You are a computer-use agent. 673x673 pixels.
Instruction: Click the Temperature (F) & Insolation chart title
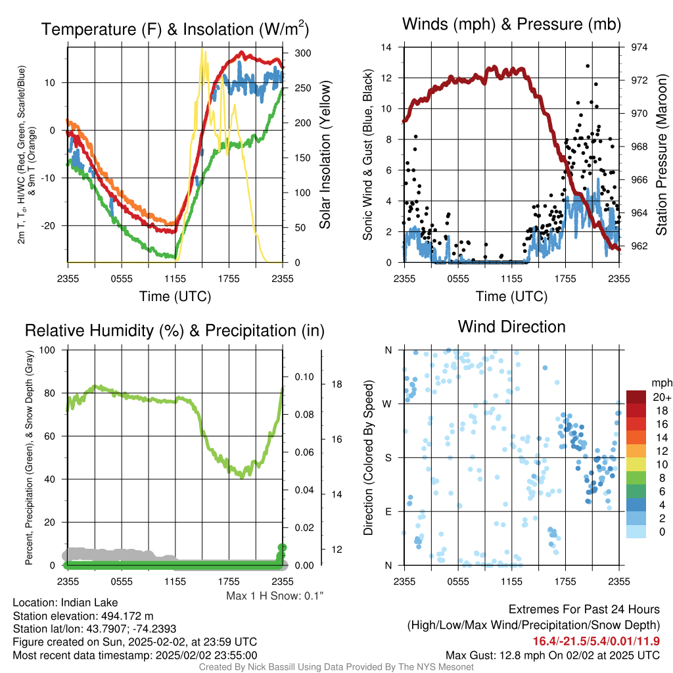[175, 29]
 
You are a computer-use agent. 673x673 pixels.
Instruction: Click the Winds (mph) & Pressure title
[511, 24]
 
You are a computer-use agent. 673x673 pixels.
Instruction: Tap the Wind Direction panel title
[511, 327]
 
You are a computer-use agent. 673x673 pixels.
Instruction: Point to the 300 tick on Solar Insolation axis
[303, 53]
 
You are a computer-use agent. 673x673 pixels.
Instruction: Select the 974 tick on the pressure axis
[639, 47]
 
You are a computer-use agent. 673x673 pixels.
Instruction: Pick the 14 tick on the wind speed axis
[386, 47]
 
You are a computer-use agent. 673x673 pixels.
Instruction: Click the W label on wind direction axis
[387, 404]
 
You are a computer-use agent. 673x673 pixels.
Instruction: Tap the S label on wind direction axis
[388, 458]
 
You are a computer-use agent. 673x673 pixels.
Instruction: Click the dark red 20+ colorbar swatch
[636, 397]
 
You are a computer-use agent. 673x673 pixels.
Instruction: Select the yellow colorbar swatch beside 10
[636, 465]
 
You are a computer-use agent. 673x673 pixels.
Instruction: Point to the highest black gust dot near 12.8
[588, 66]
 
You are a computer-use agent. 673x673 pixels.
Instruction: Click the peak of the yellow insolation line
[202, 49]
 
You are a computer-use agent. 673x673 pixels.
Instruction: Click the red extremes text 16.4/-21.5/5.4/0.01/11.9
[596, 641]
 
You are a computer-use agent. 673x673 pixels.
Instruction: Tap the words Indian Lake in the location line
[89, 603]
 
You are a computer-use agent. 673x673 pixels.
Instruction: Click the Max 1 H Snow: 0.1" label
[275, 595]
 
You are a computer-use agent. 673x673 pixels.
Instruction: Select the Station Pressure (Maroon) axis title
[661, 154]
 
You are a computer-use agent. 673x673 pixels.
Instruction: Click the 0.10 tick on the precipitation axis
[304, 377]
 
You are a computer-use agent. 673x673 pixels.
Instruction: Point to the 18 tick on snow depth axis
[337, 384]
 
